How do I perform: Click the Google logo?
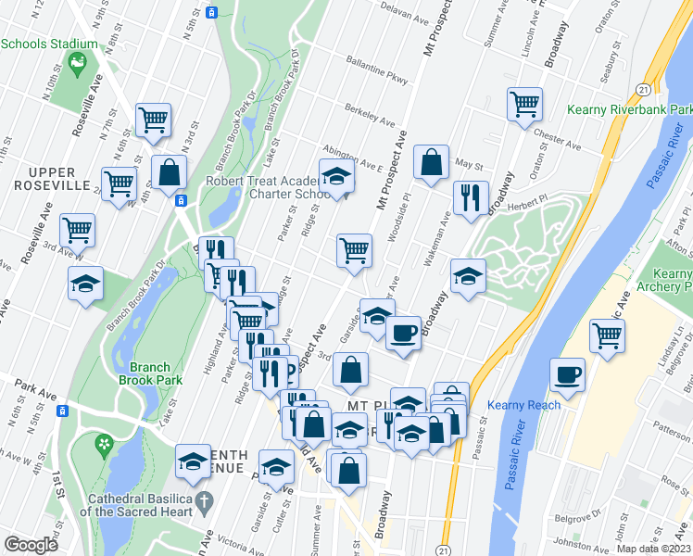click(31, 545)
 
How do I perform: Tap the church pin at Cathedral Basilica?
click(207, 499)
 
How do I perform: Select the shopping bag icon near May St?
click(432, 162)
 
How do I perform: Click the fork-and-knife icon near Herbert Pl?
click(471, 197)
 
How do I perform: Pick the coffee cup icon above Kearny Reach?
click(567, 374)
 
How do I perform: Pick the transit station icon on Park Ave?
click(63, 411)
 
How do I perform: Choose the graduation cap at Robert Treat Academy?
click(336, 175)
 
